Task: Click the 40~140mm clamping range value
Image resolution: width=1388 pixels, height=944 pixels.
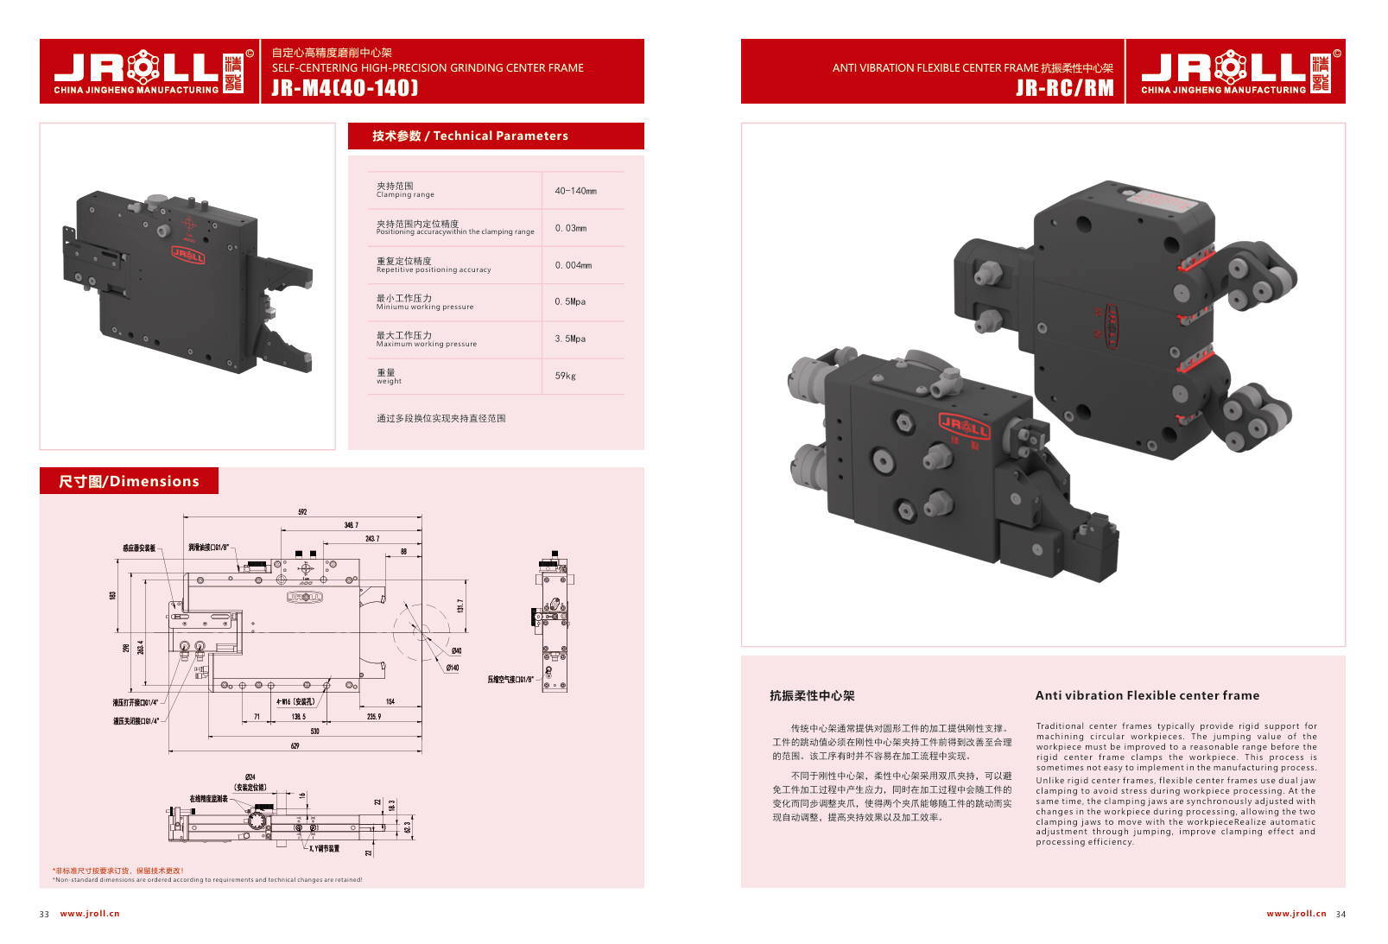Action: (575, 191)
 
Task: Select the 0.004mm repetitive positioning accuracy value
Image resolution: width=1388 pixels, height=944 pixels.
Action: (573, 265)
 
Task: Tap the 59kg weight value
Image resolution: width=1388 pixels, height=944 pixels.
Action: (565, 376)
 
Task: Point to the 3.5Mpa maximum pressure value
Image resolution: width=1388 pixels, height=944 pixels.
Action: (570, 339)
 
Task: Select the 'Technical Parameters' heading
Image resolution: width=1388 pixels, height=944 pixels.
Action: (470, 136)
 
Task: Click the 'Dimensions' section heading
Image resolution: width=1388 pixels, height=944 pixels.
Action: (129, 481)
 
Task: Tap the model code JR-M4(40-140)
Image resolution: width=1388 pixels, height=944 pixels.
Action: (345, 88)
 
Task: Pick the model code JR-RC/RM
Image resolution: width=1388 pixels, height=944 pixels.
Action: (1064, 88)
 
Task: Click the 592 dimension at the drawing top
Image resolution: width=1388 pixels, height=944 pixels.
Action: (302, 512)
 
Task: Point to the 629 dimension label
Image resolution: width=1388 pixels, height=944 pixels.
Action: (295, 745)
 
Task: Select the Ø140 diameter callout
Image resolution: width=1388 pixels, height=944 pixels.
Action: (453, 668)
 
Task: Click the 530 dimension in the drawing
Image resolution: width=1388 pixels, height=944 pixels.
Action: (314, 731)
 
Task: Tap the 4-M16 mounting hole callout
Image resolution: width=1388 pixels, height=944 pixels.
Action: (295, 702)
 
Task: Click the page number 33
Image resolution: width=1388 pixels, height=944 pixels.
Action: (44, 914)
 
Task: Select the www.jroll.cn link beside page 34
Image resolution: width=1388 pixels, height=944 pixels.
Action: (1296, 913)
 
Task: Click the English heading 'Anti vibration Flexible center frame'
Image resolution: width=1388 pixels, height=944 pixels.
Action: (1147, 695)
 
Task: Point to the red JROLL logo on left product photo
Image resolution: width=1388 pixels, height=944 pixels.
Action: (187, 254)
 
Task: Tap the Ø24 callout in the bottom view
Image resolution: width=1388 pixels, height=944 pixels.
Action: (250, 777)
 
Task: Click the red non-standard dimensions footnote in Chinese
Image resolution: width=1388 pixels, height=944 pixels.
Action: (118, 871)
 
